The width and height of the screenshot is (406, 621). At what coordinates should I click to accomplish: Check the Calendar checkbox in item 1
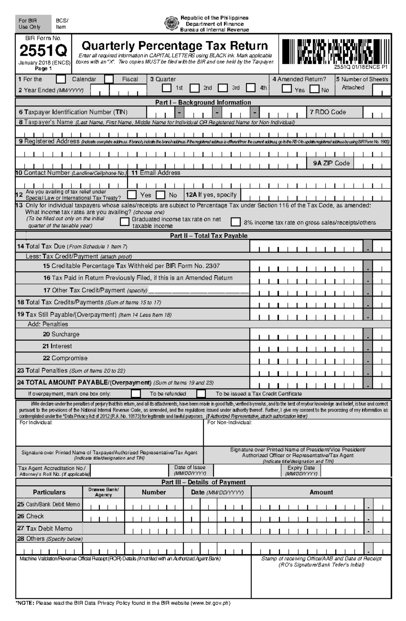(x=61, y=79)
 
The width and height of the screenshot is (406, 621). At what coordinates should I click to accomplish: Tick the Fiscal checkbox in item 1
(x=109, y=79)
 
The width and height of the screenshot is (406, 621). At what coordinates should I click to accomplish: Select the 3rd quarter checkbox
(x=223, y=88)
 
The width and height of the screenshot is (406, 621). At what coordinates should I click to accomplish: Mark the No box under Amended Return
(x=315, y=89)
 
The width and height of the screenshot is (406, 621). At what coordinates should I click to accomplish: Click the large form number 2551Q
(x=43, y=51)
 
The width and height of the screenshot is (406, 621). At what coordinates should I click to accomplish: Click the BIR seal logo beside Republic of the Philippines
(x=170, y=23)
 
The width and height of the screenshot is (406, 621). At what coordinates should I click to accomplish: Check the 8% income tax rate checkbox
(x=235, y=222)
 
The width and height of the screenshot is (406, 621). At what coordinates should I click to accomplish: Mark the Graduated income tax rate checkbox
(x=125, y=222)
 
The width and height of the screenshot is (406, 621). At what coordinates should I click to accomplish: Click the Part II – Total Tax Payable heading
(x=208, y=236)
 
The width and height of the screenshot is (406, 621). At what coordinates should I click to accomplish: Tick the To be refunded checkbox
(x=136, y=394)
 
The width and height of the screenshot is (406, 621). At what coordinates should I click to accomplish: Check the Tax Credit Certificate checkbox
(x=201, y=394)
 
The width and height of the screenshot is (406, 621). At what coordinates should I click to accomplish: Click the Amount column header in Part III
(x=321, y=492)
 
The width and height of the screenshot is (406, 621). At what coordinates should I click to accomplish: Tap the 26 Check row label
(x=35, y=516)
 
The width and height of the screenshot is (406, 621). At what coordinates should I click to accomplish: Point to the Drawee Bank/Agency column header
(x=104, y=492)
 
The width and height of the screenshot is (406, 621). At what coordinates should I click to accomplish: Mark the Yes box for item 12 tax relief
(x=132, y=195)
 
